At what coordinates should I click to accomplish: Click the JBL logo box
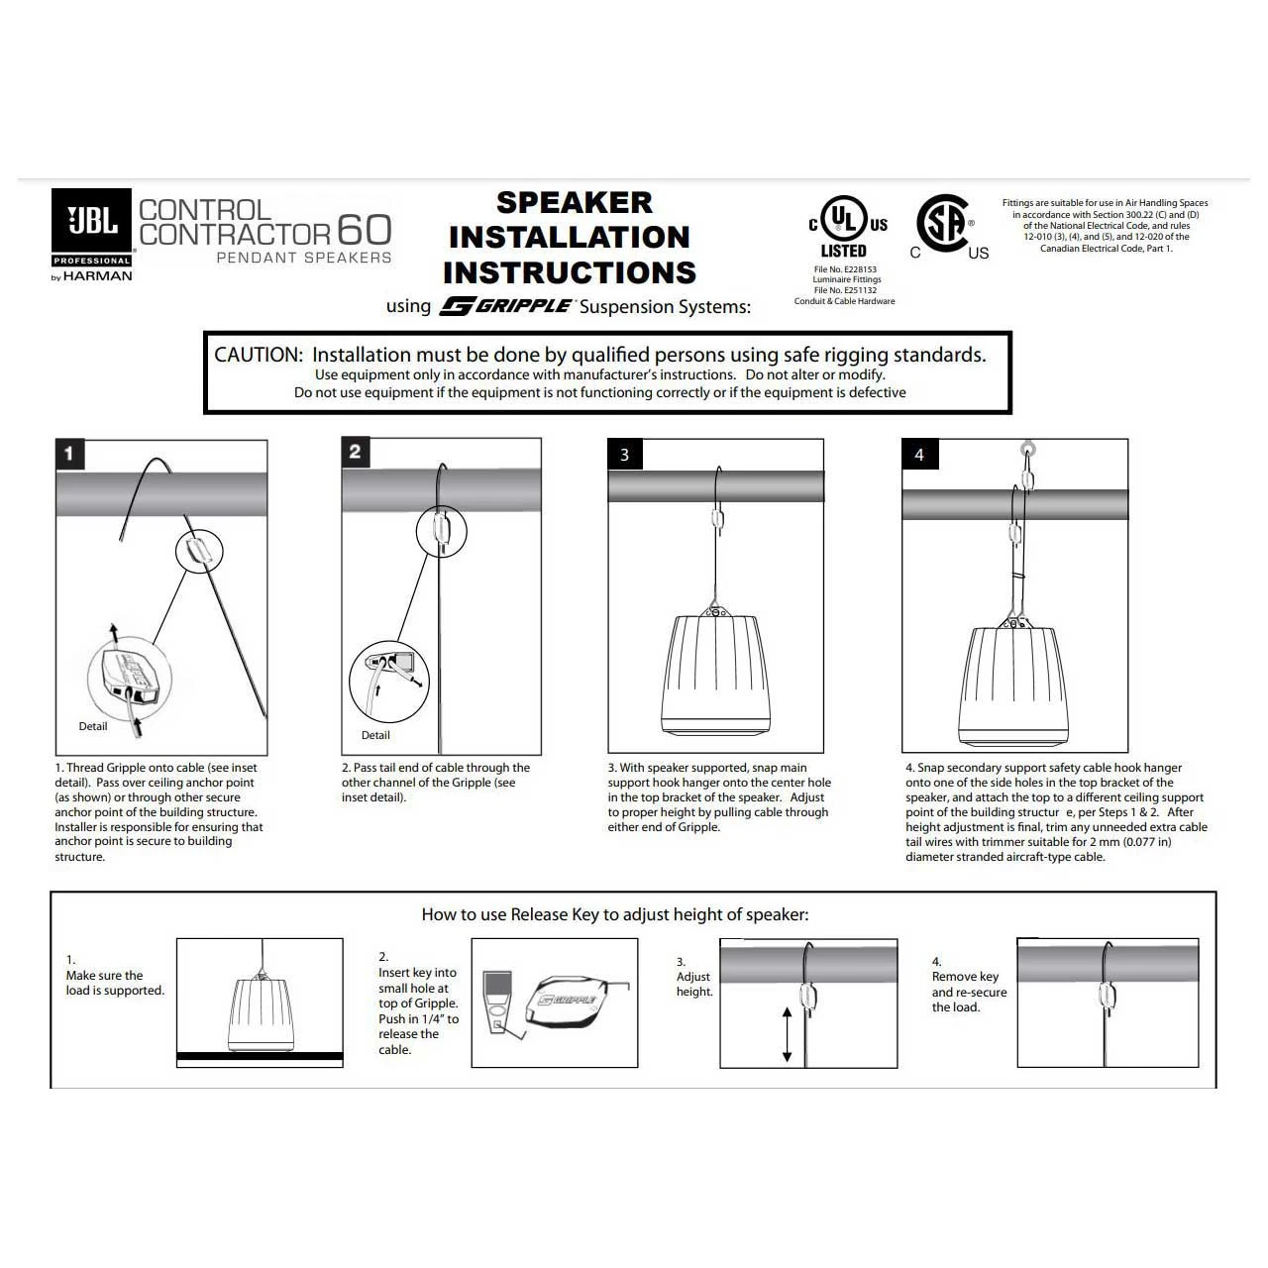91,227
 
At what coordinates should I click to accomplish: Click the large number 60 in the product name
365,230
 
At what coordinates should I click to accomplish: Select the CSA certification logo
943,225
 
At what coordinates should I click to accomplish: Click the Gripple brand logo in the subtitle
507,306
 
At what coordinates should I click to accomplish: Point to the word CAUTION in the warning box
258,355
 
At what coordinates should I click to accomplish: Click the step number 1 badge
69,455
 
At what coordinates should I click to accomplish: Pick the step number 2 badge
356,453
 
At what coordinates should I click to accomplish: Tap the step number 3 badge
624,455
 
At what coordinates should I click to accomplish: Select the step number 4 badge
919,455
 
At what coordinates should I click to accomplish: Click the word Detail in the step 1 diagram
93,726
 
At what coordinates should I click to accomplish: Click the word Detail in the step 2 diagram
375,735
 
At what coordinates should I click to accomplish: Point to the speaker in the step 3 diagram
715,674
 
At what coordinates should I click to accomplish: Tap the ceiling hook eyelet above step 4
1028,449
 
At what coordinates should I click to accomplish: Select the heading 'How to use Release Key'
615,914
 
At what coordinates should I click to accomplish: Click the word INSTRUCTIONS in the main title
570,272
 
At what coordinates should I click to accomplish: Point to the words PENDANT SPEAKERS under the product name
304,258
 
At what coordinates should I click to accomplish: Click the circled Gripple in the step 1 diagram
199,550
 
